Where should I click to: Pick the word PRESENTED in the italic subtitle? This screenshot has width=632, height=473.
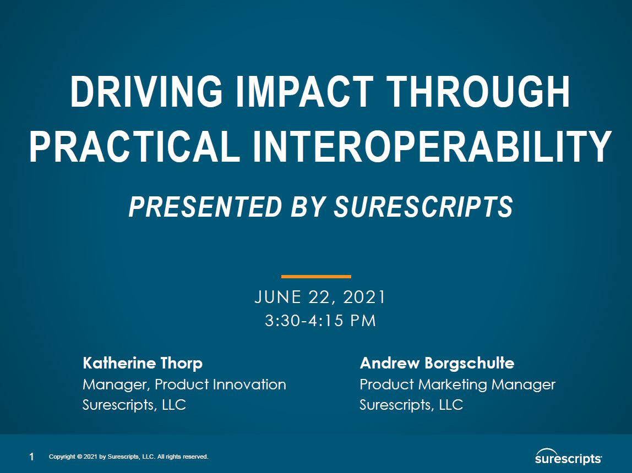pos(203,206)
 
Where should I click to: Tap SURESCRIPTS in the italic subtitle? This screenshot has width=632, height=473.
pos(424,206)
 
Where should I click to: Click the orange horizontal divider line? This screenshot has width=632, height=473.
pos(316,276)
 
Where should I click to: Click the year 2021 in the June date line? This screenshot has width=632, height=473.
pos(364,297)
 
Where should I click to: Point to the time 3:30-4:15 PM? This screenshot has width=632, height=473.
pos(320,321)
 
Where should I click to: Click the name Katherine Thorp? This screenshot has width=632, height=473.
pos(143,363)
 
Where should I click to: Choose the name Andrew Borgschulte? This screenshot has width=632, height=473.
pos(437,363)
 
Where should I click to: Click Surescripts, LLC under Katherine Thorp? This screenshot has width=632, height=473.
pos(134,405)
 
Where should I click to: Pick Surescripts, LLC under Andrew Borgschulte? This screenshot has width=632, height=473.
pos(411,405)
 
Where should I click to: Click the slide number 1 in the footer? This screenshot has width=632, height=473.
pos(32,457)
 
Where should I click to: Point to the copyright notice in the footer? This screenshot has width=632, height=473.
pos(129,457)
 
